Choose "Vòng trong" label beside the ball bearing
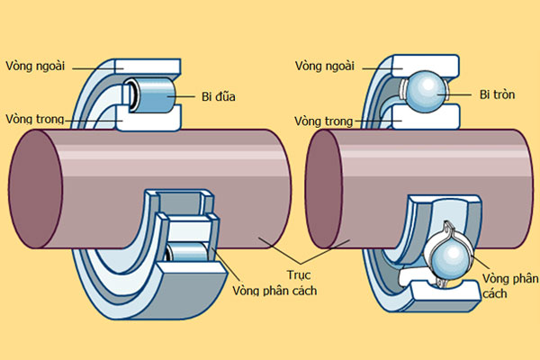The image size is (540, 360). click(327, 118)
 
